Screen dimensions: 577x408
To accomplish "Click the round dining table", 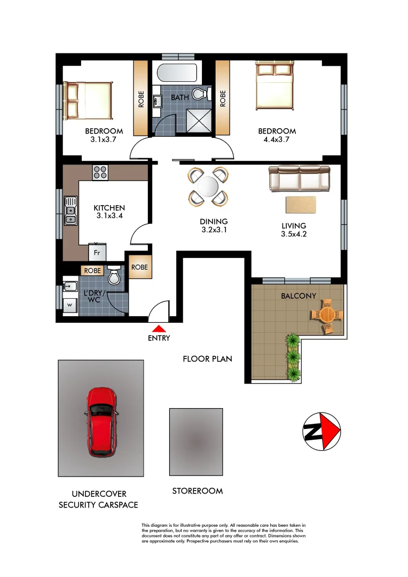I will coord(208,188).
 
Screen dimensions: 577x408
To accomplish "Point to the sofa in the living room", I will coord(299,178).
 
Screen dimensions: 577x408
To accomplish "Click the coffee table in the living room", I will coord(301,205).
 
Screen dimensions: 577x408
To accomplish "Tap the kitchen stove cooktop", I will coord(100,172).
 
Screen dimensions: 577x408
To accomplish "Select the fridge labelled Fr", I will coord(97,252).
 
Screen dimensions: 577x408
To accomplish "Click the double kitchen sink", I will coord(69,210).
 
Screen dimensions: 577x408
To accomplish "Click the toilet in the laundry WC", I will coord(114,276).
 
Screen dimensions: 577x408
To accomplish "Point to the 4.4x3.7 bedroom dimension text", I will coord(277,139).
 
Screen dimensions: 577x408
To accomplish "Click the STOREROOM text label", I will coord(197,490).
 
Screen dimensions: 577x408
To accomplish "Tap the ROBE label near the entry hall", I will coord(139,267).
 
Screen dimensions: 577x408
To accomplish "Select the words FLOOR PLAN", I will coord(207,358).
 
